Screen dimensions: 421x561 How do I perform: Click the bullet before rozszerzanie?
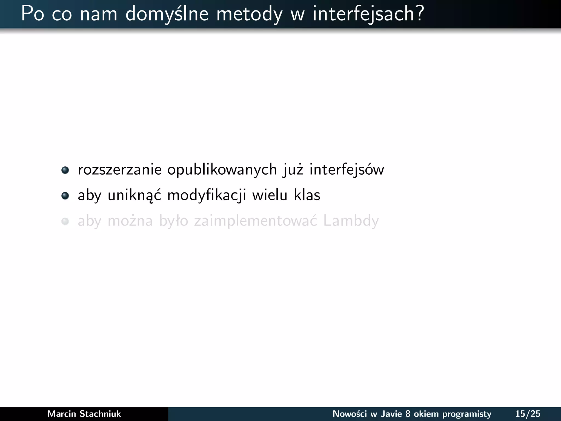point(65,170)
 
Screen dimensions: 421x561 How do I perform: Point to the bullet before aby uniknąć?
point(65,196)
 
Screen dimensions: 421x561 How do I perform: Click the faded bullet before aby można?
point(65,221)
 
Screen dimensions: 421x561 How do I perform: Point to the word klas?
point(307,195)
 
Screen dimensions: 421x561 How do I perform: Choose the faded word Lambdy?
point(351,221)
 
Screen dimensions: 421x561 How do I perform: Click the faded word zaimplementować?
point(256,221)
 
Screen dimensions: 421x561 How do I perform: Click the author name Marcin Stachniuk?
point(84,414)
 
